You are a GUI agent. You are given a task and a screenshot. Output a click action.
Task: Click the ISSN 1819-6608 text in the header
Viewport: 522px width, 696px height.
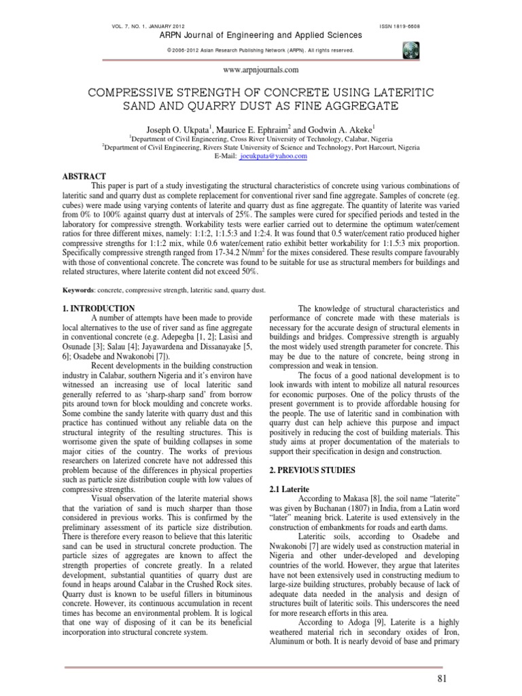[400, 26]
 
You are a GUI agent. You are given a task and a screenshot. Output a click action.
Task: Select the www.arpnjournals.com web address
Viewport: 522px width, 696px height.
[261, 69]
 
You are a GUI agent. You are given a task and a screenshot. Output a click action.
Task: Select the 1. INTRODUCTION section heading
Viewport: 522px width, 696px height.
[98, 309]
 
